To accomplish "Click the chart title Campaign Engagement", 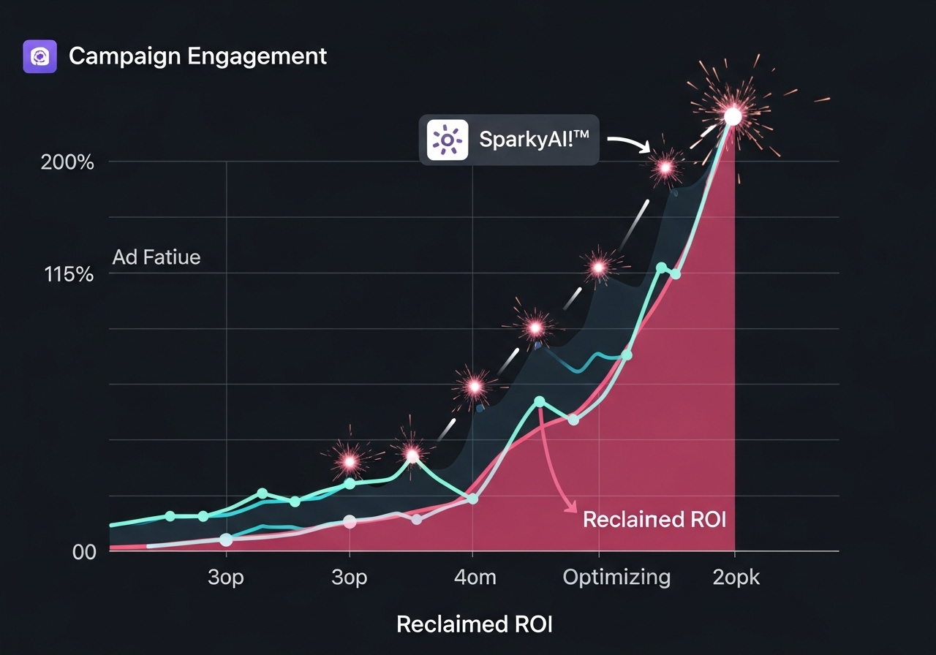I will pos(197,56).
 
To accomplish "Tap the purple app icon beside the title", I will pos(40,56).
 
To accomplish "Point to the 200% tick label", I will pos(67,162).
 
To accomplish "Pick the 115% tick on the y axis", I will pos(69,275).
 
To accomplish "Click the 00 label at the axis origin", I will pos(84,552).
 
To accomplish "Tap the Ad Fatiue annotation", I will pos(156,257).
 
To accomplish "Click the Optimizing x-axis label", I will pos(616,577).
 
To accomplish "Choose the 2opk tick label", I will pos(736,577).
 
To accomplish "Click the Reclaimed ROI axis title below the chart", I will pos(474,624).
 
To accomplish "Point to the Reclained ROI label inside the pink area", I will pos(654,519).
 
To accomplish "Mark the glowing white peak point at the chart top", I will pos(733,116).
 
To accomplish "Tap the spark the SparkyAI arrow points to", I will pos(665,168).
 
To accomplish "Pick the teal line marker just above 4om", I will pos(472,499).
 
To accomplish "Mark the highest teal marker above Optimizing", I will pos(661,268).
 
